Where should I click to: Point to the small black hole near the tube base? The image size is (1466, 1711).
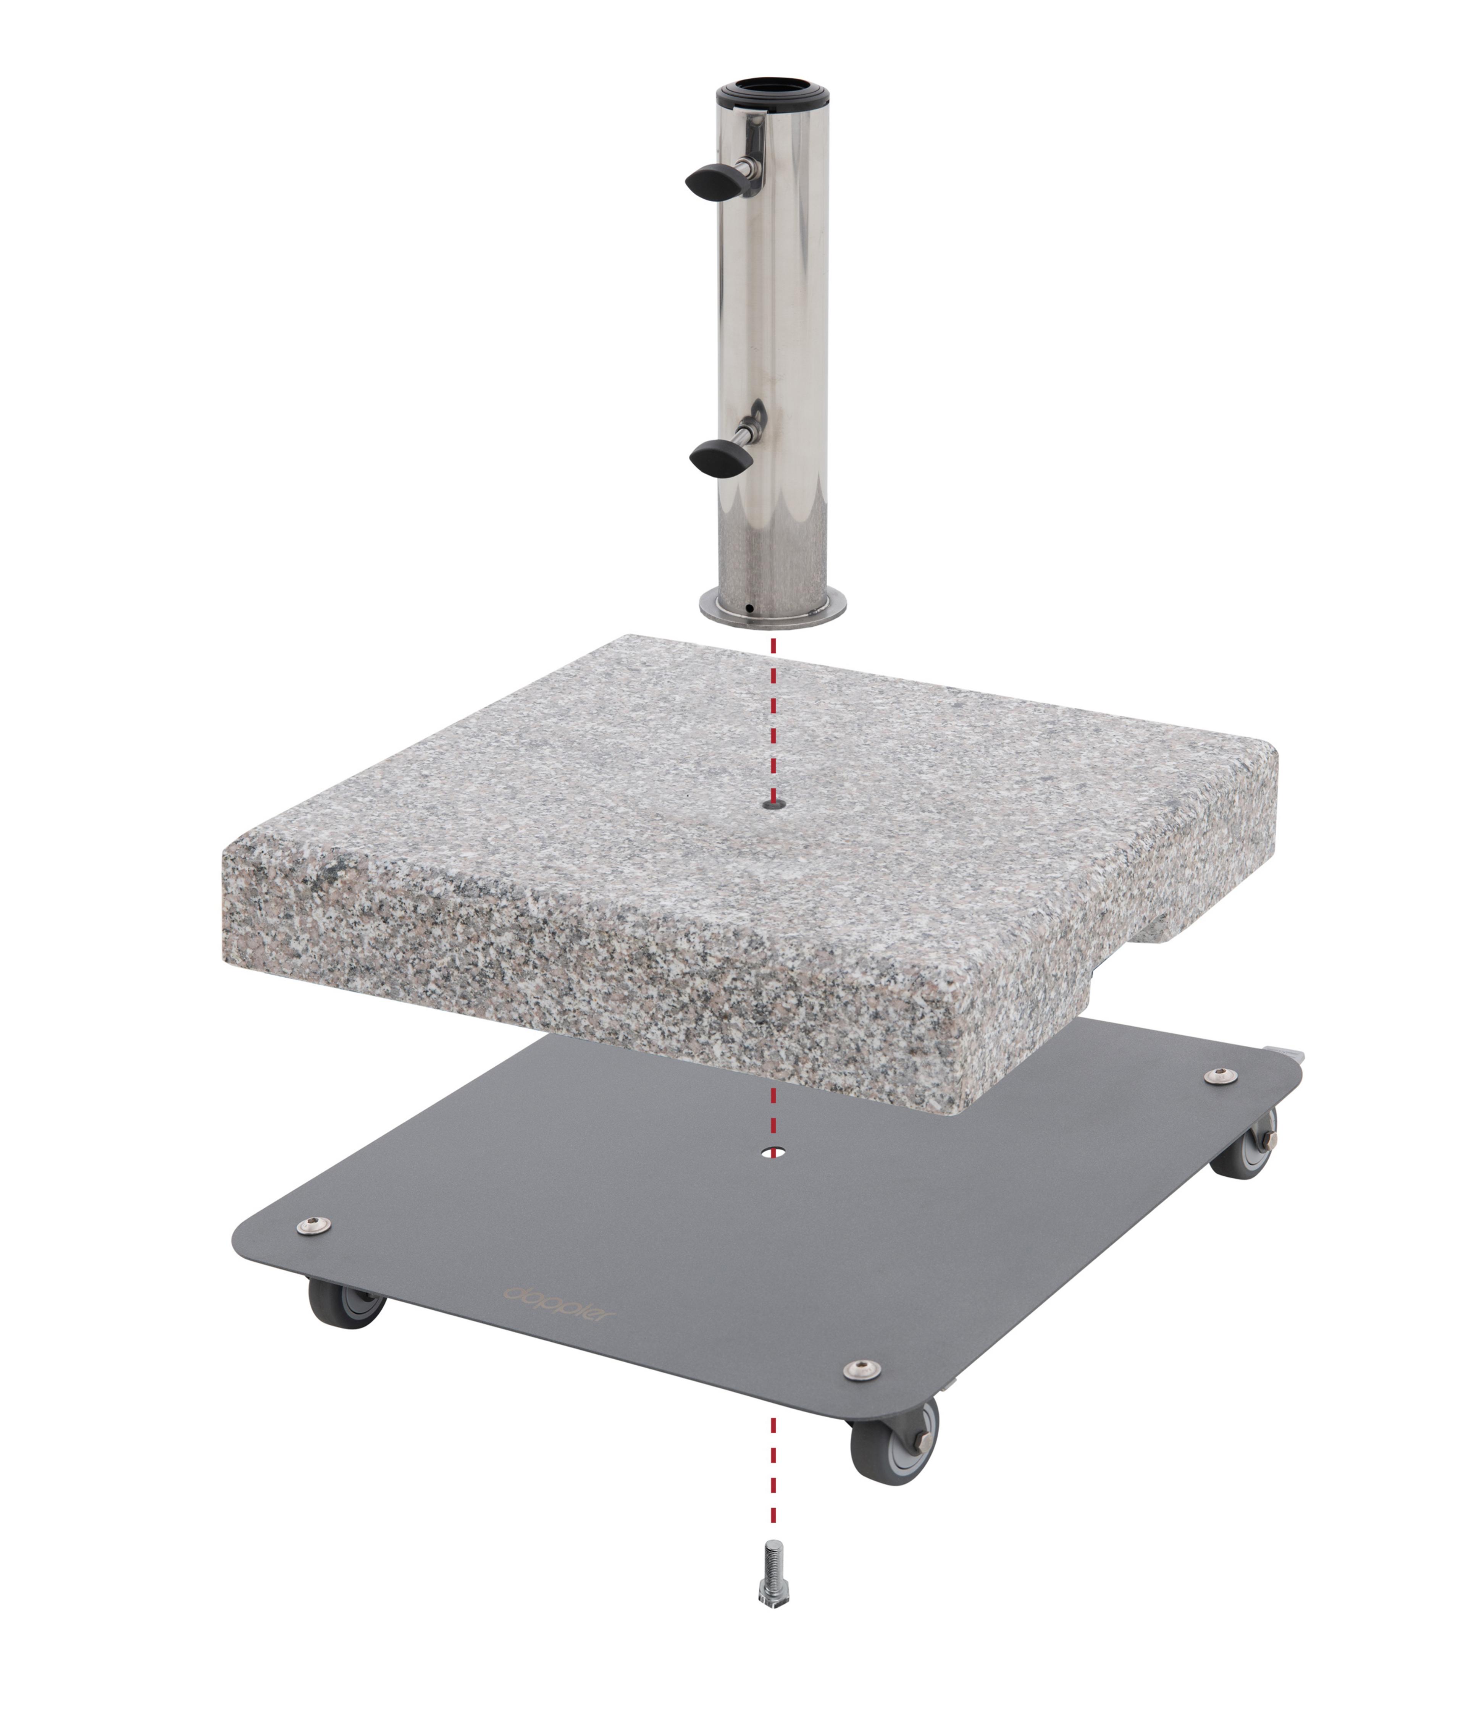pos(749,610)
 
